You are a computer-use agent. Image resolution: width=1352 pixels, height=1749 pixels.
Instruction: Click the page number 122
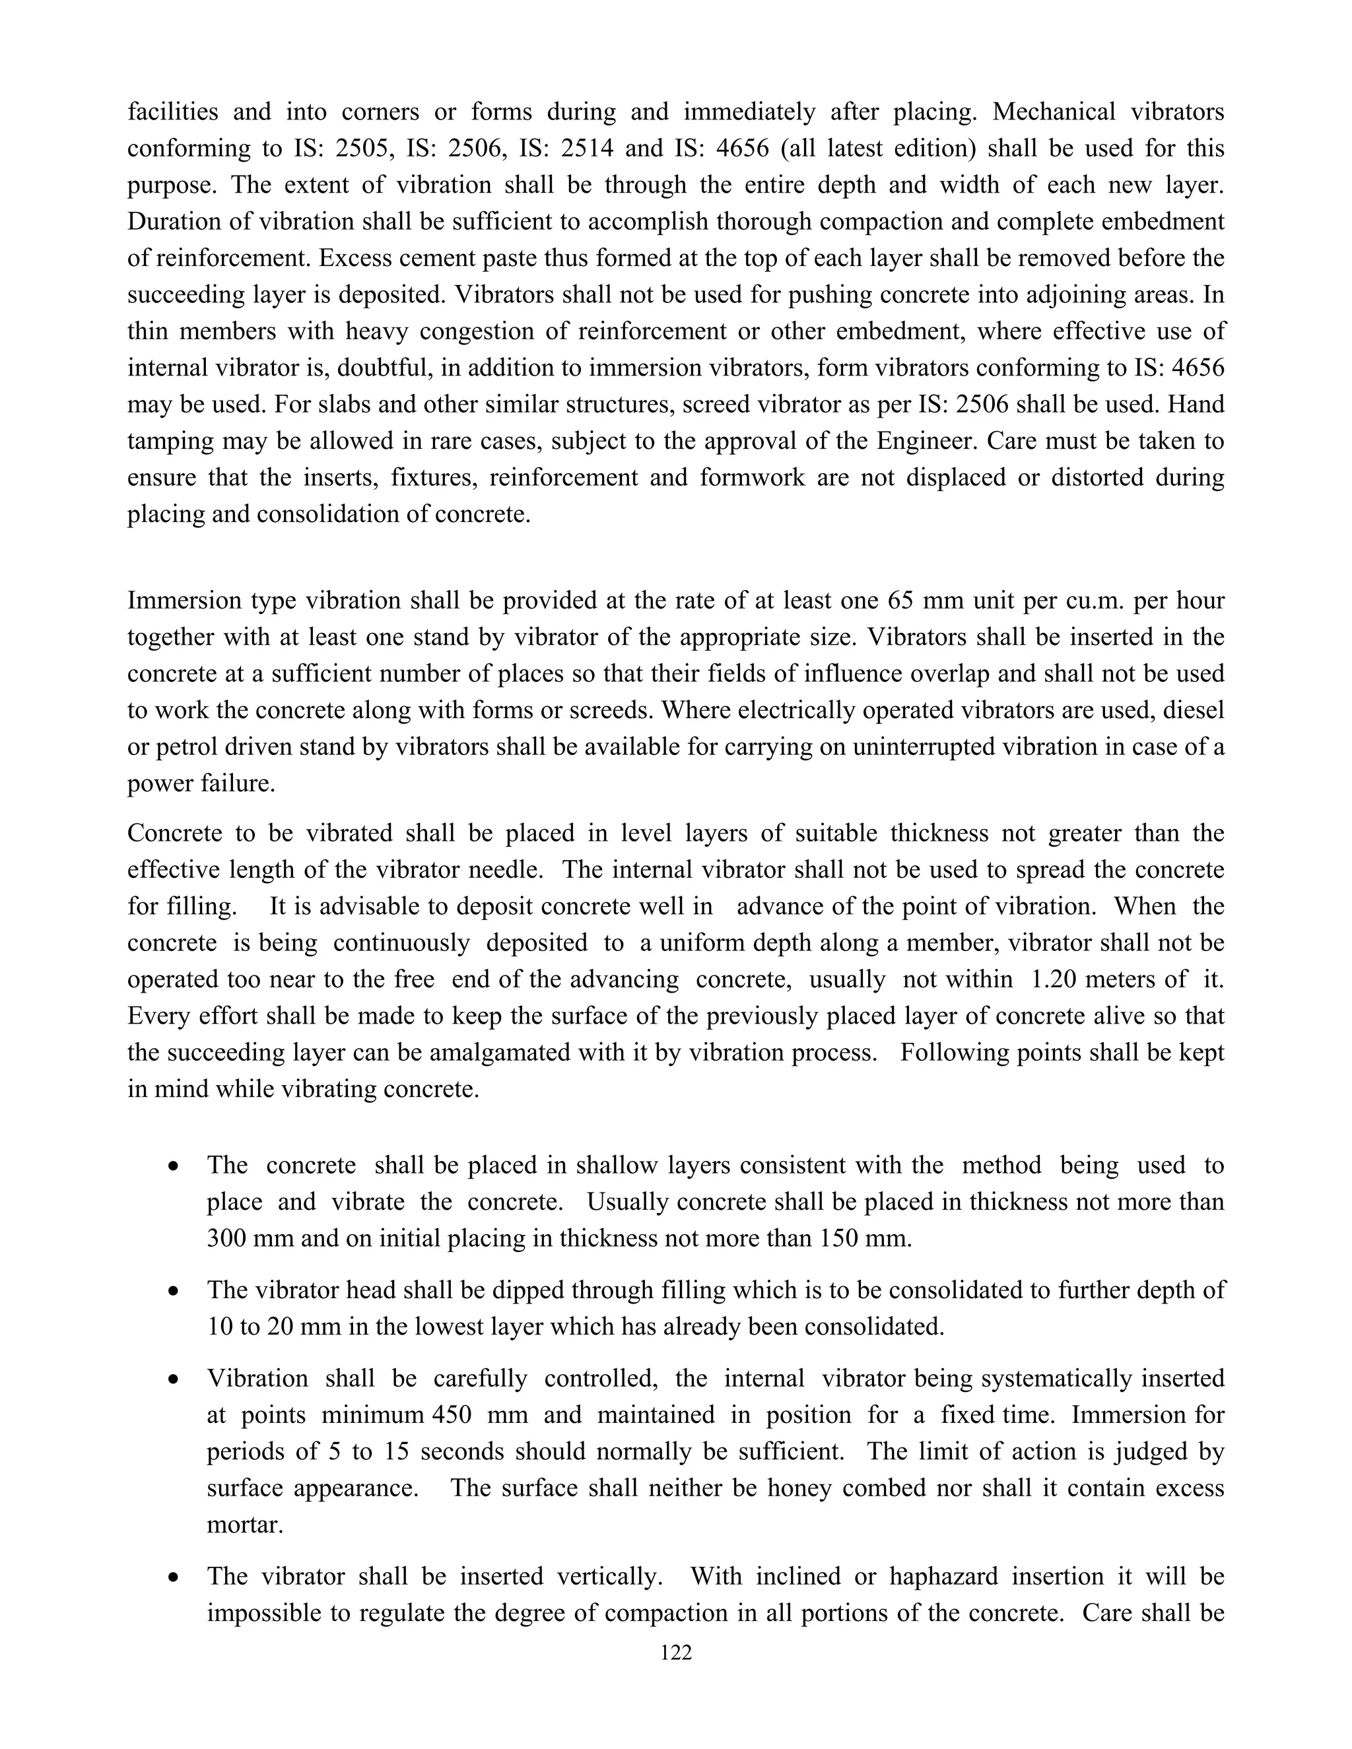click(675, 1653)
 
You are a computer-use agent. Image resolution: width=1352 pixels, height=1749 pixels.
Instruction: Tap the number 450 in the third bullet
click(451, 1414)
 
